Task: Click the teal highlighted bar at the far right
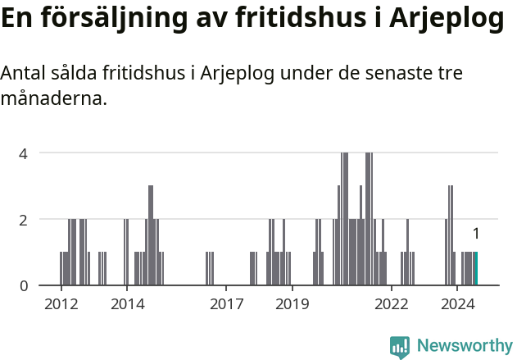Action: click(476, 269)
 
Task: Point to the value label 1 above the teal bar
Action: click(476, 234)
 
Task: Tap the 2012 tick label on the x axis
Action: click(61, 304)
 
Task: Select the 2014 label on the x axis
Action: click(127, 304)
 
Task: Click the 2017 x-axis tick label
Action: click(226, 304)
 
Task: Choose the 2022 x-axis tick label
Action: click(392, 304)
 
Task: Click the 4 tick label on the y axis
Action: click(24, 153)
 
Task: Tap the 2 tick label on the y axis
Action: click(24, 220)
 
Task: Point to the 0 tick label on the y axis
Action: click(24, 286)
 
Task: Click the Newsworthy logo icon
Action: click(400, 346)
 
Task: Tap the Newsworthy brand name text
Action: click(465, 346)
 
